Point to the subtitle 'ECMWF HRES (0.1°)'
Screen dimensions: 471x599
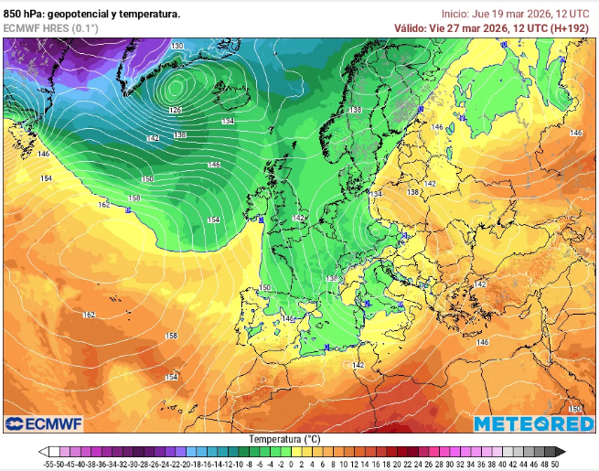pos(50,28)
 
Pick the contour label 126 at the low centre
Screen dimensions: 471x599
pos(175,110)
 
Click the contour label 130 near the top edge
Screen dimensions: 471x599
pos(176,46)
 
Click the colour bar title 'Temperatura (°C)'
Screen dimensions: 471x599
pos(284,439)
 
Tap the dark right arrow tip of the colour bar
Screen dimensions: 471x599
pos(562,452)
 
